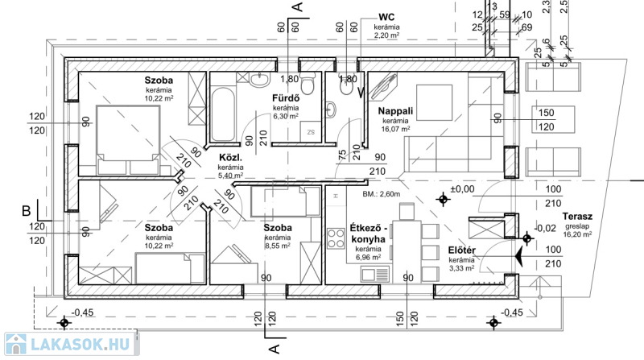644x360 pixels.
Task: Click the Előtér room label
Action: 461,250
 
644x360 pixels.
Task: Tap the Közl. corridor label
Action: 231,158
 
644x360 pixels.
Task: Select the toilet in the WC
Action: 333,108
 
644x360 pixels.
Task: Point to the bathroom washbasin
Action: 260,80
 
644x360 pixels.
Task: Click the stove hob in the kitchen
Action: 334,238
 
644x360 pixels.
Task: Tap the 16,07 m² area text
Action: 395,129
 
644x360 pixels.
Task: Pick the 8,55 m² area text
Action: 277,248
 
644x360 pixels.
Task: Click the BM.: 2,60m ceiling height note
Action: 381,195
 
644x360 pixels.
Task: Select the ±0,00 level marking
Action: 463,188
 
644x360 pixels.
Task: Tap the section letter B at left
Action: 26,211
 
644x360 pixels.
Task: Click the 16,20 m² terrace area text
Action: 579,235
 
